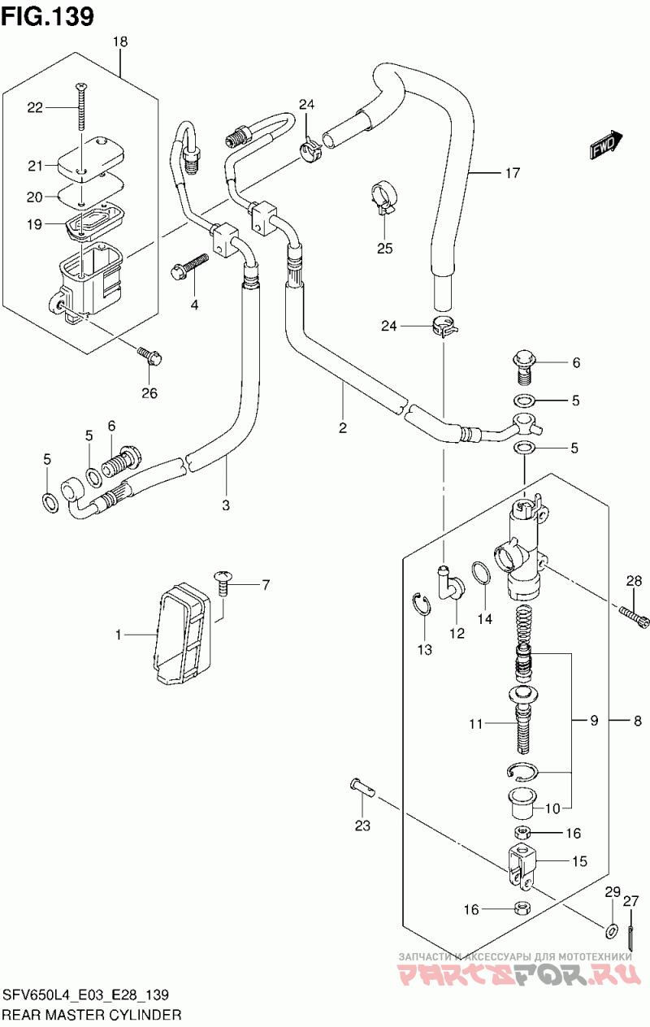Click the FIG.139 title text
point(48,16)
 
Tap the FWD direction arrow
point(606,144)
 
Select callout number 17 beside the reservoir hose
point(513,173)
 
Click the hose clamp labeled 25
point(383,200)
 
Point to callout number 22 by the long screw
point(35,107)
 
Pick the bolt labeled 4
point(188,267)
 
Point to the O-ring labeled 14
point(481,574)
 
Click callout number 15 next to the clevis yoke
point(579,860)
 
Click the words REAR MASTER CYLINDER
point(92,1014)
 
